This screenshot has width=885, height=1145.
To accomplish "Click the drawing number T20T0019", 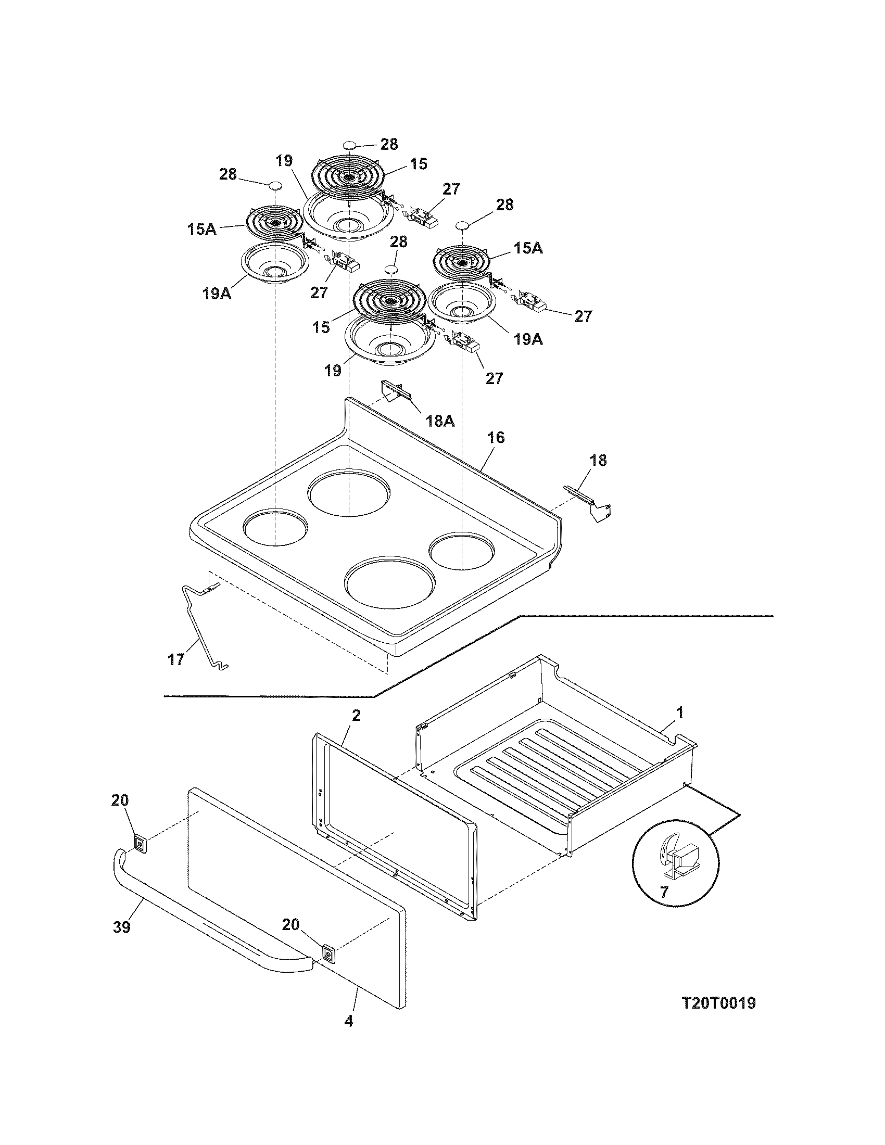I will point(718,1003).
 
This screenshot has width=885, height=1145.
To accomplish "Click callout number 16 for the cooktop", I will point(496,437).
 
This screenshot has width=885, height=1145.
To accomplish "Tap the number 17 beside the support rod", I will point(176,659).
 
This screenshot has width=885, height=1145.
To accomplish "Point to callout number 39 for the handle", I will point(121,927).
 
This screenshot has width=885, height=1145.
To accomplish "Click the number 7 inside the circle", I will point(664,892).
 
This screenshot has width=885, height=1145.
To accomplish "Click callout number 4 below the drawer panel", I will point(349,1021).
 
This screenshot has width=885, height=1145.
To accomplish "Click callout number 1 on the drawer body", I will point(680,713).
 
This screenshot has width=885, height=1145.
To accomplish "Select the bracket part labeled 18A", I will point(394,390).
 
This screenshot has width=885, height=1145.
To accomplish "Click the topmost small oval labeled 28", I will point(350,145).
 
